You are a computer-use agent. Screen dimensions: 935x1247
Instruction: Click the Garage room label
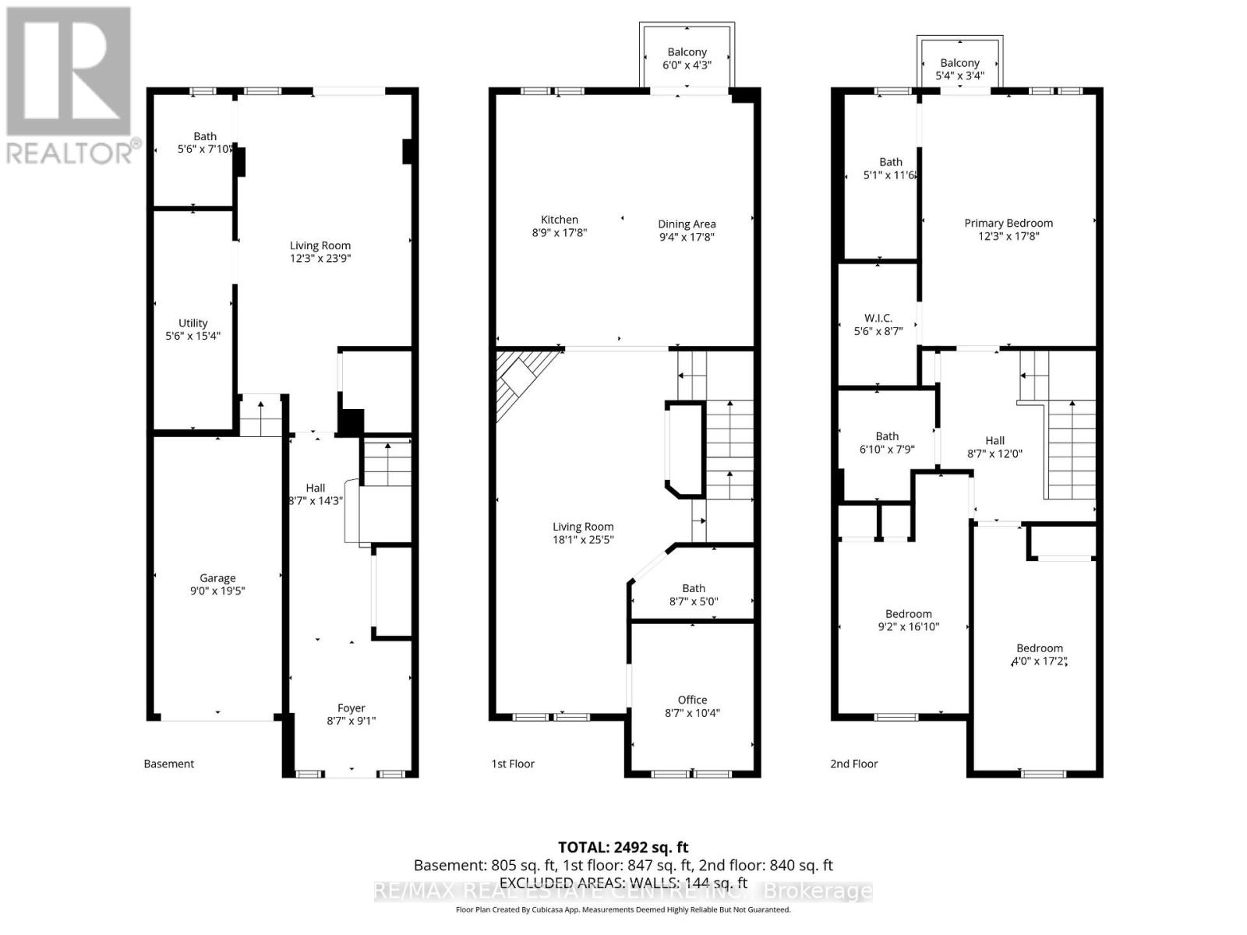[x=217, y=578]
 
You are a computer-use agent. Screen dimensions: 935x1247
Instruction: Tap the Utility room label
[x=193, y=323]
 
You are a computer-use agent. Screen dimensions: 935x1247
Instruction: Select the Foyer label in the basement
[x=351, y=707]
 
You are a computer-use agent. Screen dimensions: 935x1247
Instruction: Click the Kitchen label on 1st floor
[x=560, y=220]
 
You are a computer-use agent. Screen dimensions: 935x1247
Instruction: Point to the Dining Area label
[x=687, y=224]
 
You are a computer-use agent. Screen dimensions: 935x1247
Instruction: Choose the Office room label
[x=692, y=700]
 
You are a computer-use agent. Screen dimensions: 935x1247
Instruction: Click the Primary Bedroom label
[x=1009, y=223]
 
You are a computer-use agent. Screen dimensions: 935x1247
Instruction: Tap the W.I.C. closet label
[x=878, y=318]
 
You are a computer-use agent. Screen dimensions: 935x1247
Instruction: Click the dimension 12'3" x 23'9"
[x=320, y=258]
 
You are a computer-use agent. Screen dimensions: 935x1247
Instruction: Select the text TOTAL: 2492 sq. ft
[x=623, y=847]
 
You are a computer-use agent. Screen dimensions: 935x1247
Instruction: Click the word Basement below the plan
[x=169, y=764]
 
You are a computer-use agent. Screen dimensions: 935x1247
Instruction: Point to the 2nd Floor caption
[x=853, y=764]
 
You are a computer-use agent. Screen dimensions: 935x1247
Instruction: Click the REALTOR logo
[x=70, y=86]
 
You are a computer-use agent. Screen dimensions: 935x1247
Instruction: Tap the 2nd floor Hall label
[x=994, y=440]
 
